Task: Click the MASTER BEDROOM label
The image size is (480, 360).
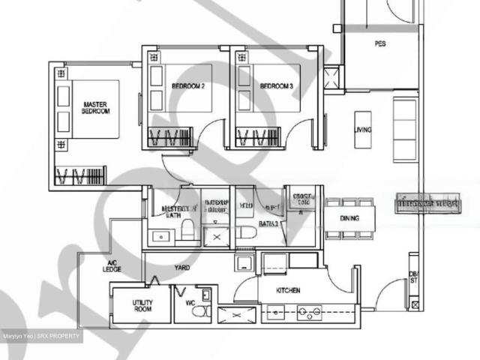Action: [96, 107]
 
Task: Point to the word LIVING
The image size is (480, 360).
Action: [363, 130]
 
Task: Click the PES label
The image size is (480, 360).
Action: [380, 43]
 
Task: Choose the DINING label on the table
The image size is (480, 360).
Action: [349, 219]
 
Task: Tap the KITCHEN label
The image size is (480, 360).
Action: [288, 290]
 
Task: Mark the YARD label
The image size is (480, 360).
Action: [181, 267]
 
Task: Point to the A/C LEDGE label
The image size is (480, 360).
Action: [113, 266]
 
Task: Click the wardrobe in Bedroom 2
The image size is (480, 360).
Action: [171, 138]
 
